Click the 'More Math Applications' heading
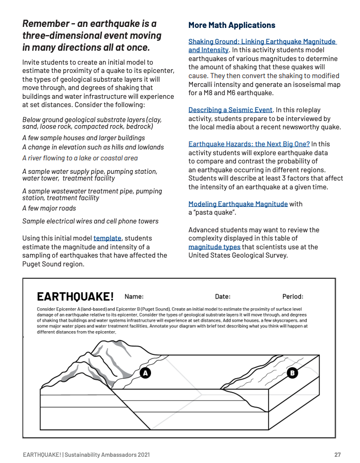click(x=231, y=25)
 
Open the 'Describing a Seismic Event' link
click(x=230, y=110)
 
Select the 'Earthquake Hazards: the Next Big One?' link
click(x=249, y=144)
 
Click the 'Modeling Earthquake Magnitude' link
click(x=238, y=204)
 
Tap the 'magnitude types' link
click(x=214, y=247)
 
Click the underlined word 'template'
click(x=107, y=238)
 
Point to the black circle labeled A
click(x=145, y=372)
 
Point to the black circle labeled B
click(x=292, y=372)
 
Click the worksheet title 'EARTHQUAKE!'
click(x=75, y=297)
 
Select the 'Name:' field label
click(x=134, y=297)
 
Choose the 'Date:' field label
click(x=222, y=297)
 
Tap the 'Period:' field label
click(x=293, y=297)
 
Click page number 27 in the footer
click(x=337, y=455)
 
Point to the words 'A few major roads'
click(x=49, y=208)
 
